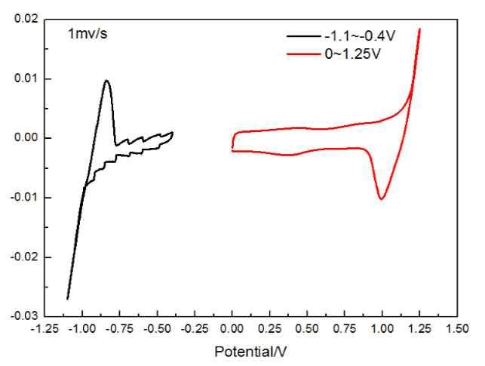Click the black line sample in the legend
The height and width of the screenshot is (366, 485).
pyautogui.click(x=300, y=35)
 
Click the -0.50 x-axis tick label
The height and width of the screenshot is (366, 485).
pyautogui.click(x=156, y=329)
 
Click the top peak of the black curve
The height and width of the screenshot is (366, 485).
pyautogui.click(x=106, y=81)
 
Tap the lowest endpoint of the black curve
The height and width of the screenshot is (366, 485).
pyautogui.click(x=68, y=299)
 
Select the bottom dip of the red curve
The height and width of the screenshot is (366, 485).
pyautogui.click(x=382, y=199)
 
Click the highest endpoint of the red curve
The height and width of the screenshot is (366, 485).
pyautogui.click(x=419, y=29)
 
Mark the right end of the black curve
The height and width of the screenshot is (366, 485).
pyautogui.click(x=173, y=133)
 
